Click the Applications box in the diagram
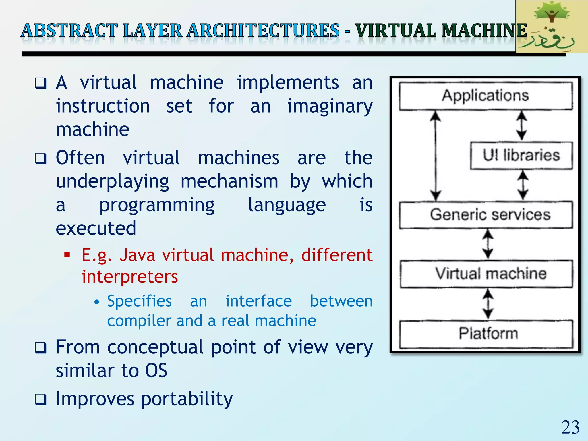pos(486,96)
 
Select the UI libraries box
pos(521,155)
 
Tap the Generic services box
pos(486,215)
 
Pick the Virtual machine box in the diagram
pos(487,274)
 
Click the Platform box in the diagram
pos(487,334)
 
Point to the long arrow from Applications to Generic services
pos(436,156)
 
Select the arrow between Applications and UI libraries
pos(521,125)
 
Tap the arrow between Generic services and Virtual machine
pos(488,244)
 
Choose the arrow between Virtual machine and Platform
pos(488,304)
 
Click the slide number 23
pos(570,427)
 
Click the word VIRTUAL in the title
pos(396,31)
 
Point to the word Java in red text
pos(137,255)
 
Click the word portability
pos(187,399)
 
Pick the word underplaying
pos(112,182)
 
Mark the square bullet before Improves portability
pos(40,399)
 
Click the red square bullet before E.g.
pos(67,255)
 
